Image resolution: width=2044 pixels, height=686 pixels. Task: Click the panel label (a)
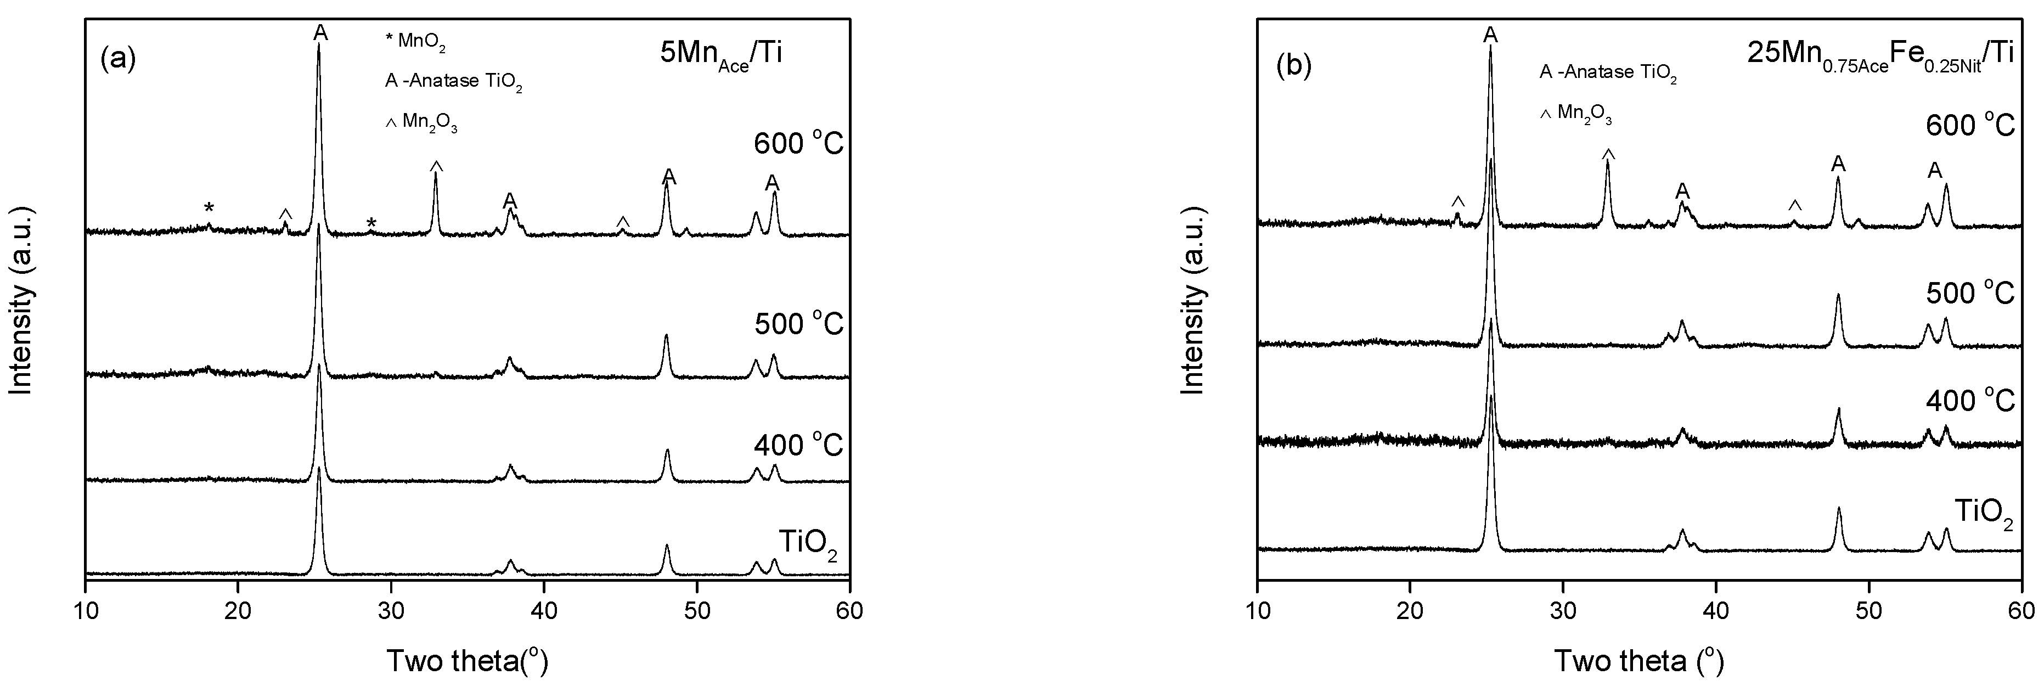coord(119,60)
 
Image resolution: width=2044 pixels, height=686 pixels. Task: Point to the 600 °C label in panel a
coord(798,144)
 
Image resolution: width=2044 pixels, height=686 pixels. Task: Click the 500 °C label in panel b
coord(1970,293)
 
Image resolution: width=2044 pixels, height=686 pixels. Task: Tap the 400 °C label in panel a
coord(798,446)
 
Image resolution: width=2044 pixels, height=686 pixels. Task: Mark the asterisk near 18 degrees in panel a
coord(209,208)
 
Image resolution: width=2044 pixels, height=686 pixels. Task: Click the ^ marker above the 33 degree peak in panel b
coord(1608,153)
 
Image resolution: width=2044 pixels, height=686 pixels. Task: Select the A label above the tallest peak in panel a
coord(320,32)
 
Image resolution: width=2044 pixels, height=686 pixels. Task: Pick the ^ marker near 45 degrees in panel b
coord(1795,205)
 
